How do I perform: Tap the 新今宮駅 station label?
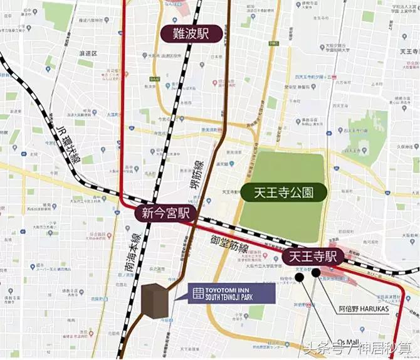coord(165,213)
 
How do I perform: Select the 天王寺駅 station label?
coord(313,257)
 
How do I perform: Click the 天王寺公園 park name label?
coord(283,193)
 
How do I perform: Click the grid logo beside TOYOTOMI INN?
coord(198,293)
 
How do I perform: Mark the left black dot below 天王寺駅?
coord(300,276)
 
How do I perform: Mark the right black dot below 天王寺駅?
coord(316,272)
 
